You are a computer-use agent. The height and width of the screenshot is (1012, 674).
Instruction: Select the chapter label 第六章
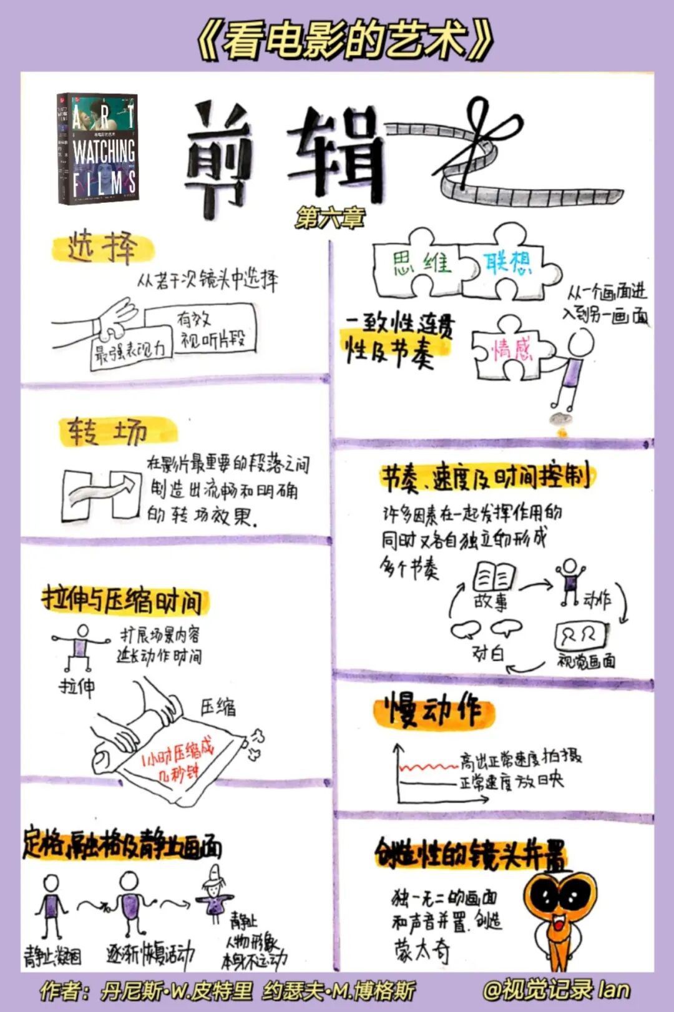pos(330,217)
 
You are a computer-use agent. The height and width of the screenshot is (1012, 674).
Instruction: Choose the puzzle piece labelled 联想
pos(509,262)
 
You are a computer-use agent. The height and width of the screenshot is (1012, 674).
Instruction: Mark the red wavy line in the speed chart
pos(428,766)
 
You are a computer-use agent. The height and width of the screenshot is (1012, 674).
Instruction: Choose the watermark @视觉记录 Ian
pos(555,990)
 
